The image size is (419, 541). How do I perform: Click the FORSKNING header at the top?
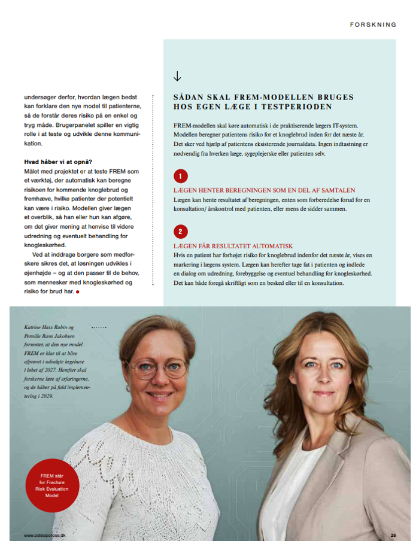coord(374,25)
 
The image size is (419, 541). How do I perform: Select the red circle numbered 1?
coord(180,176)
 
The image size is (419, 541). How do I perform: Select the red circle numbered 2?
coord(180,232)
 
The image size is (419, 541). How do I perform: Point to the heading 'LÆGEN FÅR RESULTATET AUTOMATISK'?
coord(233,246)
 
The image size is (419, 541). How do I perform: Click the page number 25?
coord(393,534)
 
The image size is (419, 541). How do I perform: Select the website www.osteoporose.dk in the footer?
coord(45,535)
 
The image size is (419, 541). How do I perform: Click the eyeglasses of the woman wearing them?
coord(159,367)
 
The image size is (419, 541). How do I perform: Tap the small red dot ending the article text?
coord(78,292)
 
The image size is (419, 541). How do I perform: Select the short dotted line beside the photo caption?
coord(98,328)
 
